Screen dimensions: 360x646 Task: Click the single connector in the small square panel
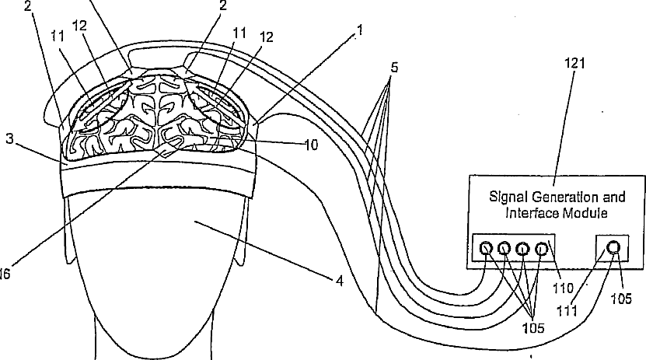coord(613,248)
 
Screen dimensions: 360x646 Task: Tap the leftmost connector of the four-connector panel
coord(487,249)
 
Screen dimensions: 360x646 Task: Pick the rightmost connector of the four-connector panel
coord(541,249)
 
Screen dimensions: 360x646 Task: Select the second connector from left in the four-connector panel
coord(505,249)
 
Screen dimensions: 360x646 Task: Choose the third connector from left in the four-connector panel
coord(523,249)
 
